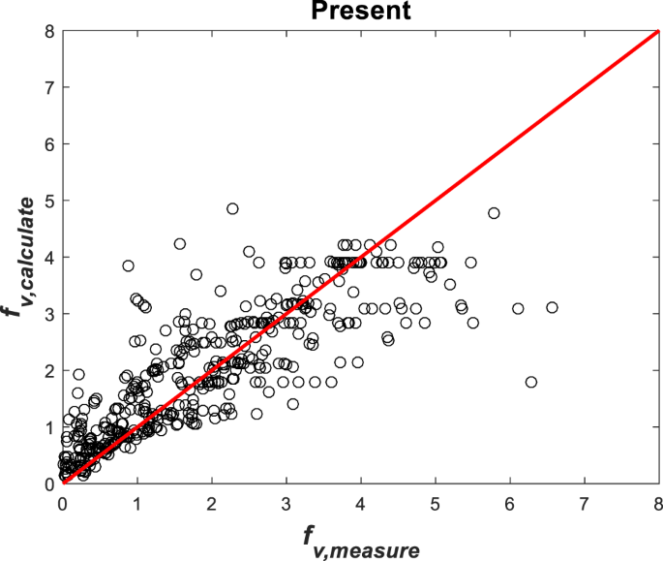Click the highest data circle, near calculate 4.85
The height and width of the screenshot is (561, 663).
click(x=232, y=208)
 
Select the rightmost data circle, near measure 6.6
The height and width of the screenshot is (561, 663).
click(x=552, y=307)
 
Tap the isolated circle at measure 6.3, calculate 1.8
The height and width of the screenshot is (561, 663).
click(x=530, y=382)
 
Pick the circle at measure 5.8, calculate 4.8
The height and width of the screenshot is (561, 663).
click(x=494, y=213)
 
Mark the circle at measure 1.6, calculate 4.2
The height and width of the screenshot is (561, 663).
click(x=180, y=244)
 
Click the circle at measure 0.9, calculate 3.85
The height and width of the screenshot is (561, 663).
click(x=128, y=265)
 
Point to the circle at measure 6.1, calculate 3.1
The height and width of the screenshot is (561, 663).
click(x=518, y=308)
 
